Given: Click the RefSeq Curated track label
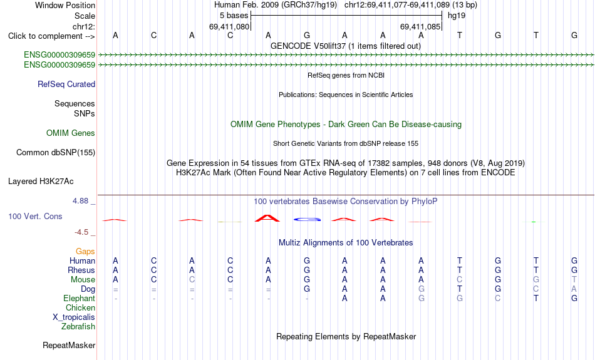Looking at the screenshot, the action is coord(66,85).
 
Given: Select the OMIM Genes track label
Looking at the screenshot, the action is coord(71,133).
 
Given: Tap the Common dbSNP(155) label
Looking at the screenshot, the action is coord(56,153).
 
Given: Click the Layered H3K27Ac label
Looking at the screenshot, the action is coord(41,182).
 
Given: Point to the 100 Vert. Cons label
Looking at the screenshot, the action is coord(35,216).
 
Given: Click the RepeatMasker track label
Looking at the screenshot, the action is coord(69,345).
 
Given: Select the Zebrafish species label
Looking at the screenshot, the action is coord(78,327).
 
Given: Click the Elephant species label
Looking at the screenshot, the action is coord(79,299).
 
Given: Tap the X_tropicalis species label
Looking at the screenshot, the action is coord(74,317).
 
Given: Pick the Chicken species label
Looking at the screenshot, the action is coord(80,307).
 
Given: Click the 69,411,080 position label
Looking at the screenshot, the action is coord(229,27).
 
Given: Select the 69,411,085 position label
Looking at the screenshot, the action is coord(420,27).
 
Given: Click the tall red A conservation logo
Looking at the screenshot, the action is coord(268,218).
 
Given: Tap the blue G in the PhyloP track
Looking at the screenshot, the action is coord(307,219).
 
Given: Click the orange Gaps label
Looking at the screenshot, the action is coord(85,252).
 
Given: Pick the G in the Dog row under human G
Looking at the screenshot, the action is coord(307,289).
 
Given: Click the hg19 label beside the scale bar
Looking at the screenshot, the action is coord(457,16).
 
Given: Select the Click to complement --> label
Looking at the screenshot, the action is coord(51,36).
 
